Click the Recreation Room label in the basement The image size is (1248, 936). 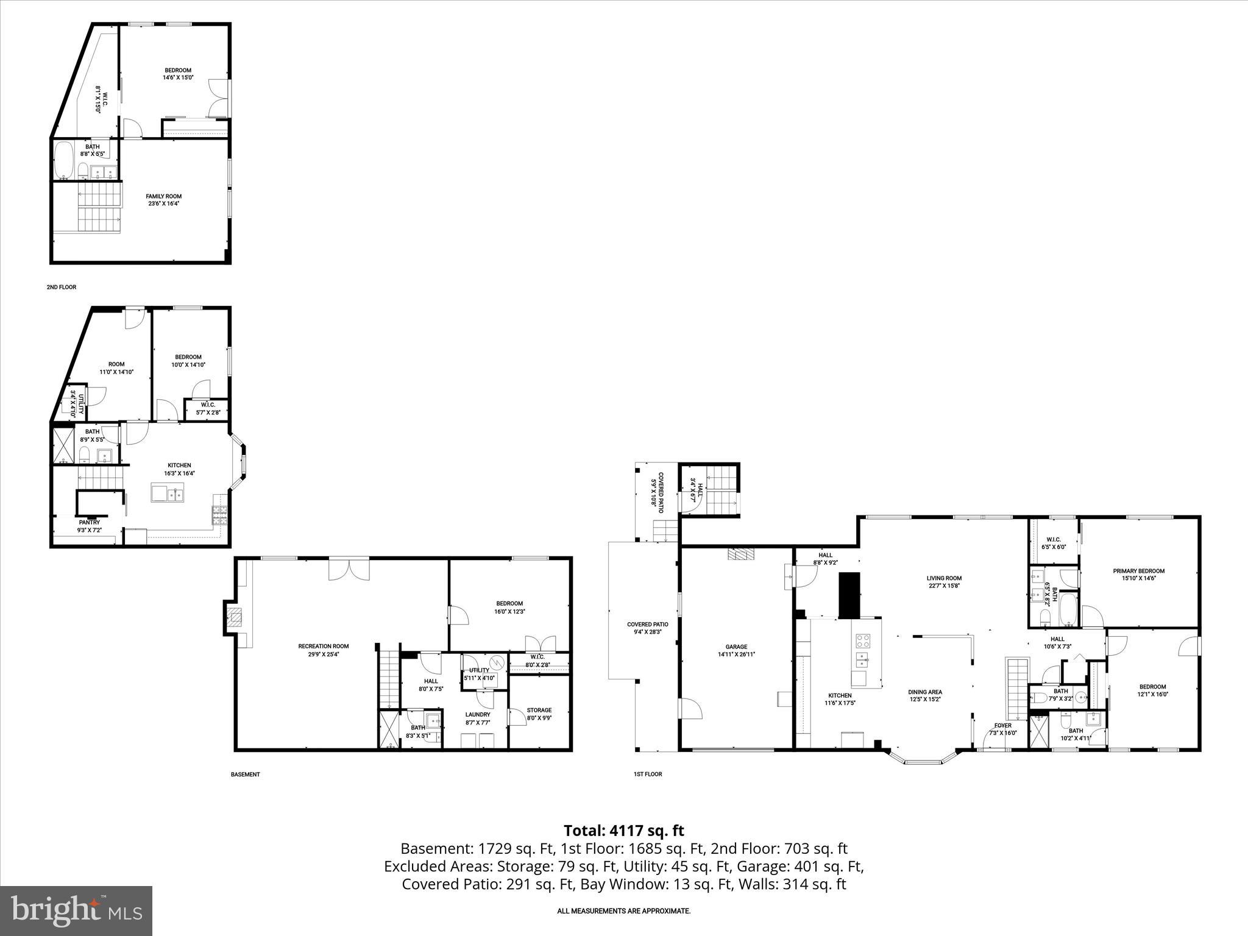click(x=323, y=646)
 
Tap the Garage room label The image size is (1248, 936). click(x=736, y=647)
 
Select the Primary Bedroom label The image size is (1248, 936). click(x=1138, y=571)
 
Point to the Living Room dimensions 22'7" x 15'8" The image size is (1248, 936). click(x=944, y=586)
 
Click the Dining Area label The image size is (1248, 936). click(x=925, y=692)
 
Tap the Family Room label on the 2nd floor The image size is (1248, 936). click(x=163, y=196)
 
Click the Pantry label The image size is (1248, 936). click(x=89, y=522)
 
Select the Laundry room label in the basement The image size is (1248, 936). click(x=478, y=714)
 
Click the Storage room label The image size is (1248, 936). click(x=539, y=710)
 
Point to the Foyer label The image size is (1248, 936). click(x=1002, y=725)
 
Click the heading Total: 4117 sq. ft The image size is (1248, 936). click(x=623, y=830)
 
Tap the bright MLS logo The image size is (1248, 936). click(x=76, y=910)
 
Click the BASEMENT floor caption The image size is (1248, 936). click(x=246, y=775)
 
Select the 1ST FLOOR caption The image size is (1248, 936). click(x=647, y=774)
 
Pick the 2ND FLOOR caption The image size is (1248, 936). click(x=62, y=287)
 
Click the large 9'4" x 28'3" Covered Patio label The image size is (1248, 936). click(x=647, y=628)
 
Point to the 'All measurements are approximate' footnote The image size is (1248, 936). click(x=623, y=911)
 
